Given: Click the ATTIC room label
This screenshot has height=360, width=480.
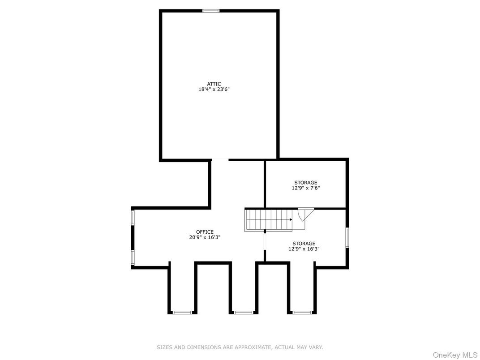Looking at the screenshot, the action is [214, 84].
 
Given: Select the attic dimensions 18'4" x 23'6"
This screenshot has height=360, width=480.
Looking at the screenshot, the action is [214, 90].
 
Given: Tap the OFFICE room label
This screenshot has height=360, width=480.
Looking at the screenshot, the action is [205, 232].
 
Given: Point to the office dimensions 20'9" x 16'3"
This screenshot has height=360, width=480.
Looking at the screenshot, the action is [205, 237].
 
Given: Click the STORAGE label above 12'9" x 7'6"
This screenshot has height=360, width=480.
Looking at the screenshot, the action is [305, 183].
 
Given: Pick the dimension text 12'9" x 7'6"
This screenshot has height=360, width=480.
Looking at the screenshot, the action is [305, 188].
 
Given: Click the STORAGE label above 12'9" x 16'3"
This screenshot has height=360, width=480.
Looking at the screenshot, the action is [304, 244].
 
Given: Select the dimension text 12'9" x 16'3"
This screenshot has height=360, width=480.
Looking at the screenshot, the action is [304, 249].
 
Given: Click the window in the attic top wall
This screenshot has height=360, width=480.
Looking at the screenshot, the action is [211, 11].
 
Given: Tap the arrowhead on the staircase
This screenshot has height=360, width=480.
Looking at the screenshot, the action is [291, 219].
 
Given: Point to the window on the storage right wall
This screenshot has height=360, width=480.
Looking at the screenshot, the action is [347, 237].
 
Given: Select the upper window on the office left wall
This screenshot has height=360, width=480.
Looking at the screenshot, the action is [133, 217].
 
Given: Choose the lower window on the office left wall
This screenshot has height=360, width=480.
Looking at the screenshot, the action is [133, 257].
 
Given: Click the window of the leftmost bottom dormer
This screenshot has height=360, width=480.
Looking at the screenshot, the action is [182, 313].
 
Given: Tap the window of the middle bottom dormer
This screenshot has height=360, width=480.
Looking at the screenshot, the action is [244, 313].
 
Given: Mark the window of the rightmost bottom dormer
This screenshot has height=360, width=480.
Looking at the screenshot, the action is [302, 313].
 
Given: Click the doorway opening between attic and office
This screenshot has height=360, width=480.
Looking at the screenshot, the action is [220, 160].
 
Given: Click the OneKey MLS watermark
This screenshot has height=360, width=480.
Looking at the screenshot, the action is [455, 355].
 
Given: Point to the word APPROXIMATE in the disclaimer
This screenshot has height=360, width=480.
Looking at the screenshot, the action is [253, 347].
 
